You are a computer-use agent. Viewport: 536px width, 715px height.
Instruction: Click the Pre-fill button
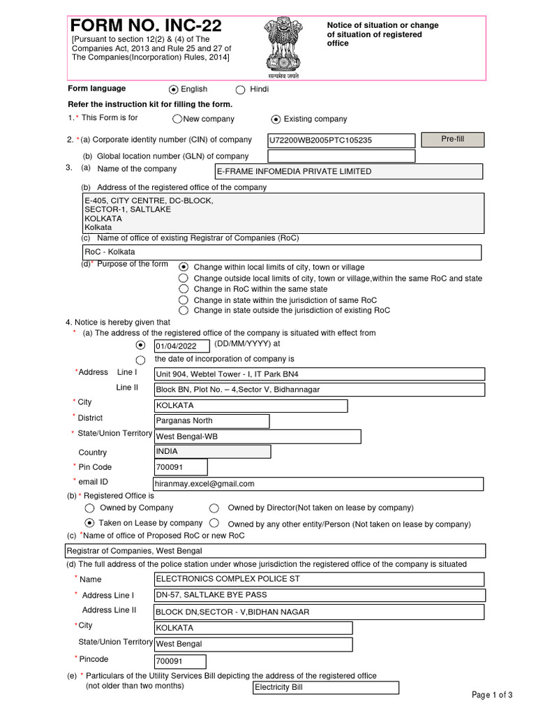point(452,140)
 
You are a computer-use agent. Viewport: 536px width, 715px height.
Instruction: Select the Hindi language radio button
point(241,89)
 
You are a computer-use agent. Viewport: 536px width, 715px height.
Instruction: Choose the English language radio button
point(174,89)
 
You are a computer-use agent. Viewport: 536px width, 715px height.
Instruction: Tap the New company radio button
point(177,119)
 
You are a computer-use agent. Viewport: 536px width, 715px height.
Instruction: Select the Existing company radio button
point(276,119)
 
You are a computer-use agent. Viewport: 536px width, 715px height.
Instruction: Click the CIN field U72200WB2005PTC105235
point(341,140)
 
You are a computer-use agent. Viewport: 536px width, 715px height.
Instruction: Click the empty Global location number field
point(341,156)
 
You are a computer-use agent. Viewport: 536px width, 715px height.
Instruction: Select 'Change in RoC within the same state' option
point(184,289)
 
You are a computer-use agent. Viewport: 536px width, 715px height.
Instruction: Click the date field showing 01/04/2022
point(181,346)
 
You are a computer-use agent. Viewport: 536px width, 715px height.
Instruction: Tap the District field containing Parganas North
point(211,421)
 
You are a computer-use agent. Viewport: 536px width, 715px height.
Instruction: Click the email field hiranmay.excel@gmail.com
point(318,484)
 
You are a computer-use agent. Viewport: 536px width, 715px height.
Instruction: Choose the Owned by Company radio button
point(89,508)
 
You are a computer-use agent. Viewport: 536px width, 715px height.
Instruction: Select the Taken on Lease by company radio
point(89,523)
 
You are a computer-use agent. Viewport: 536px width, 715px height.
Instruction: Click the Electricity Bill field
point(326,688)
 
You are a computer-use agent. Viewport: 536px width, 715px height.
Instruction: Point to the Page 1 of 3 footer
point(492,695)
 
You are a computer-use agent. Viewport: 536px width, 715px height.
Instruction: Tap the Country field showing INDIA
point(212,452)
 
